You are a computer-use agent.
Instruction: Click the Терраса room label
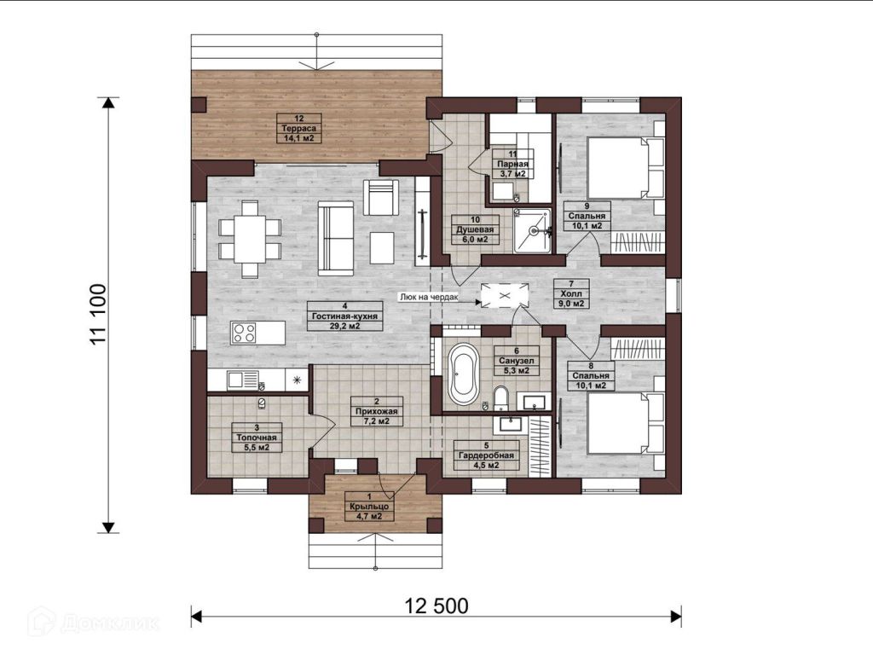coord(299,128)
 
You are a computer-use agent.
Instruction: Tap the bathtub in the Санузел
coord(464,374)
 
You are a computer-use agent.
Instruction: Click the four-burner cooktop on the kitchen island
coord(244,333)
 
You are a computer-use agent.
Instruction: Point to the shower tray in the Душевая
coord(532,230)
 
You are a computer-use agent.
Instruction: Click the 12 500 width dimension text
coord(436,606)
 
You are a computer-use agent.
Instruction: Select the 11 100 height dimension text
coord(98,314)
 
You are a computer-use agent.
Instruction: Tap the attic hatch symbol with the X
coord(504,295)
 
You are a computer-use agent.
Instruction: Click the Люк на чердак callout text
coord(428,297)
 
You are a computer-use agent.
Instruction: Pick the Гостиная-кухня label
coord(344,316)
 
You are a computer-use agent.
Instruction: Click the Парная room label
coord(512,164)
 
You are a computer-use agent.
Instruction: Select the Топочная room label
coord(257,438)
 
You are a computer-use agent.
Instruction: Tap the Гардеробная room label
coord(487,455)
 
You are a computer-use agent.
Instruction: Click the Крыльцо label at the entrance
coord(369,507)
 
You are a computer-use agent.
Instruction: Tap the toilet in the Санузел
coord(501,398)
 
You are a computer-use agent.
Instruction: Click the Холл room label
coord(572,293)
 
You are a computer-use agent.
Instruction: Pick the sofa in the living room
coord(335,239)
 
